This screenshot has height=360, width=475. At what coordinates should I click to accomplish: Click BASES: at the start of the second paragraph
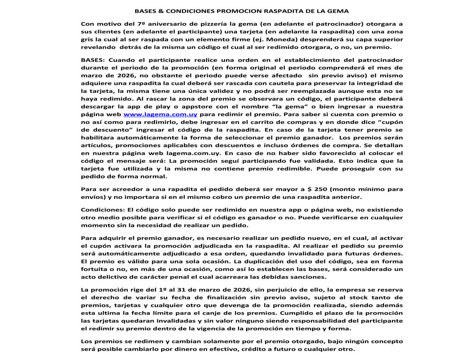click(93, 60)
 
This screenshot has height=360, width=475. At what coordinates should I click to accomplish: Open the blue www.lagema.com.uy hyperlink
click(160, 114)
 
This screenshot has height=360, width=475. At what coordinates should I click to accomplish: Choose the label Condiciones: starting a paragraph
click(100, 209)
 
